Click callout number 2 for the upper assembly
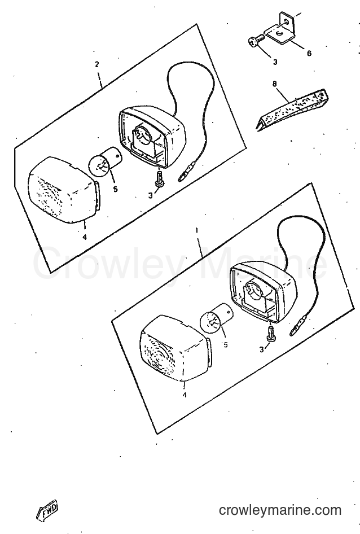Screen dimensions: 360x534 [x=96, y=64]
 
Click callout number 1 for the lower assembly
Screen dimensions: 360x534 [x=196, y=230]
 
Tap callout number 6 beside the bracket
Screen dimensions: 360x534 [x=309, y=54]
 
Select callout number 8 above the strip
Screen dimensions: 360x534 [x=274, y=84]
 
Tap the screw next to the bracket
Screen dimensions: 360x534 [x=256, y=40]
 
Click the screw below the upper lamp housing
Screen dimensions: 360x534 [x=159, y=178]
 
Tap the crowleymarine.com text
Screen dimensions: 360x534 [x=280, y=510]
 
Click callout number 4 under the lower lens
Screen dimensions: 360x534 [x=185, y=395]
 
